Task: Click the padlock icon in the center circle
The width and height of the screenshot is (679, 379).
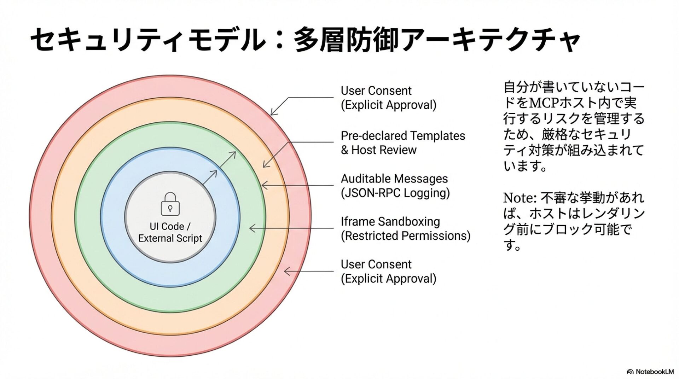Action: point(170,204)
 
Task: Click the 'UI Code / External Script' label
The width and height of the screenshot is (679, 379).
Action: point(170,232)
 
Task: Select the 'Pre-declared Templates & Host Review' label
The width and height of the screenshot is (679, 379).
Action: point(402,143)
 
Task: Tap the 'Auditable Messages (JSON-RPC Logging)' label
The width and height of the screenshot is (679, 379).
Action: point(395,186)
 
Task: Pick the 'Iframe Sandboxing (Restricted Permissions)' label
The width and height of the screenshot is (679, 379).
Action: point(405,228)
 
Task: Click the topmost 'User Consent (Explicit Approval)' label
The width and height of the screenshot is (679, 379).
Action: point(388,98)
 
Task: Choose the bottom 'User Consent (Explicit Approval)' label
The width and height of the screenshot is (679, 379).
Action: point(388,272)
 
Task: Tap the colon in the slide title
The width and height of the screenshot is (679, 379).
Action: point(279,40)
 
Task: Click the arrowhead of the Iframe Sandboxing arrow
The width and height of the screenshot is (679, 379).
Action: point(251,228)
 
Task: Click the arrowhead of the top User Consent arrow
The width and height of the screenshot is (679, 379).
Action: point(272,113)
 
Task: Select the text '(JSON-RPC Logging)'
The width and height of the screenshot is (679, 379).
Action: point(395,193)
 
